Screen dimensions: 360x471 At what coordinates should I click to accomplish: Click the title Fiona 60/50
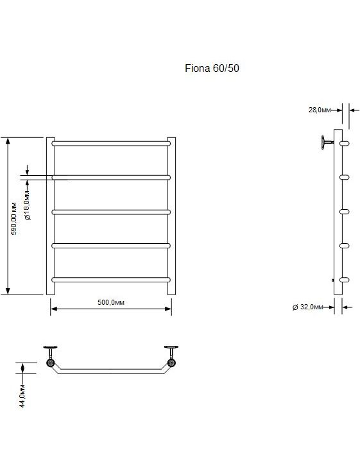pos(212,68)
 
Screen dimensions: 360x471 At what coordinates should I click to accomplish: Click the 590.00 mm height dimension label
pos(14,218)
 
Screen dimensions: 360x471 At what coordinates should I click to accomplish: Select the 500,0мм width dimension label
pos(111,302)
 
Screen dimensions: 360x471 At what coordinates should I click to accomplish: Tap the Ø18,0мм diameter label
pos(28,205)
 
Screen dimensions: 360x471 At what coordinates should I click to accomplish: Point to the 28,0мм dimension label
pos(320,110)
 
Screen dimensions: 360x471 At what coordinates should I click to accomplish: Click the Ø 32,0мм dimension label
pos(308,307)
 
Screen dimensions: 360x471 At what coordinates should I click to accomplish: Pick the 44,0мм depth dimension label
pos(22,396)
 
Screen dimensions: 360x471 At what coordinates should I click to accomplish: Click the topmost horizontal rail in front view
pos(111,144)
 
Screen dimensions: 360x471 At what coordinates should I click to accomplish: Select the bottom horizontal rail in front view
pos(111,280)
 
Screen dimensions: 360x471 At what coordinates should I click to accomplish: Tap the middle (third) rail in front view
pos(111,212)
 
